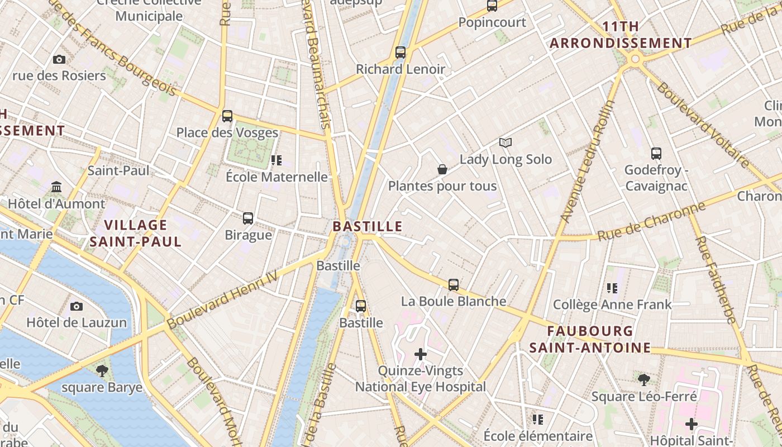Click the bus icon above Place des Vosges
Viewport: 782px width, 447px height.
[x=227, y=116]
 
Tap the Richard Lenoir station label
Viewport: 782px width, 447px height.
[x=400, y=69]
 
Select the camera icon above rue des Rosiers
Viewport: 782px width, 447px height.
[x=59, y=59]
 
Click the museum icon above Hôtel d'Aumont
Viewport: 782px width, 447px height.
[x=56, y=187]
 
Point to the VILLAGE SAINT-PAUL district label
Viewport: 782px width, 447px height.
[x=136, y=233]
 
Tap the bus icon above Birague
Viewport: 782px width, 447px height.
[x=248, y=218]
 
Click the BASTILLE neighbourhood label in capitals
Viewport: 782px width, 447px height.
[x=368, y=226]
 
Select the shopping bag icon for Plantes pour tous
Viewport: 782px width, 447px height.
[x=442, y=169]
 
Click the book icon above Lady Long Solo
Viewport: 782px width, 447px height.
[x=506, y=143]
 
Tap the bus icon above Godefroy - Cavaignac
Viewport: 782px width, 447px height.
[x=656, y=153]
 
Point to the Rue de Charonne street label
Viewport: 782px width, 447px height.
[x=651, y=222]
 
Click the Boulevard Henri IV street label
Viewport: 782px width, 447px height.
[x=222, y=300]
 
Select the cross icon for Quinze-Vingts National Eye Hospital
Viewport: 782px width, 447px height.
[x=421, y=354]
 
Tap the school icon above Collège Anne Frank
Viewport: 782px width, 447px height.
[x=612, y=288]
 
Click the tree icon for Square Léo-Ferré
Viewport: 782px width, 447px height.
[x=644, y=380]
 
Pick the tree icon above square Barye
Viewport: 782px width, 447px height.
[x=102, y=370]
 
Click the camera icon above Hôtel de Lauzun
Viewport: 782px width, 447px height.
[x=77, y=306]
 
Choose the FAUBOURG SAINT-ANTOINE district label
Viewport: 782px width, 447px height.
[x=590, y=339]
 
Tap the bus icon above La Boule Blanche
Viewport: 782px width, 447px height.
[x=454, y=284]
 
